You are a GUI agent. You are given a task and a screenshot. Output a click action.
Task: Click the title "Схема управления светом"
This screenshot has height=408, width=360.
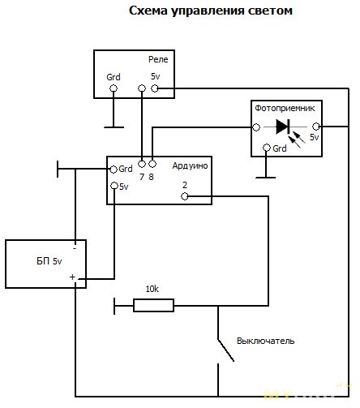(x=211, y=11)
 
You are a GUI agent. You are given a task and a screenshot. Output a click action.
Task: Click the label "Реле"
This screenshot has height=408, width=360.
(x=158, y=59)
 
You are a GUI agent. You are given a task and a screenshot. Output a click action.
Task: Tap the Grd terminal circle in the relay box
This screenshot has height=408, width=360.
(x=114, y=88)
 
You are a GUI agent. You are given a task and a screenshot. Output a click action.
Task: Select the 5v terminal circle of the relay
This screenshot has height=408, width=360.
(x=155, y=88)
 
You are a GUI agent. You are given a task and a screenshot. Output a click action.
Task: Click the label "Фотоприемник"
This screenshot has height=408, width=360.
(x=285, y=109)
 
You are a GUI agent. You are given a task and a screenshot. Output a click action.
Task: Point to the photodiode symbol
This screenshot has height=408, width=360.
(x=283, y=127)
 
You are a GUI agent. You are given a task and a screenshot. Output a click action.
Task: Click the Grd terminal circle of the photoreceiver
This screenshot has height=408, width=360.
(x=267, y=148)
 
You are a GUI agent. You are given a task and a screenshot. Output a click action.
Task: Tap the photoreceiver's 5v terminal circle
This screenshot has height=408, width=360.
(x=316, y=127)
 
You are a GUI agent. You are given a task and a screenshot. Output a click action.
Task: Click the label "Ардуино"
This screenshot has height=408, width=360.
(x=190, y=165)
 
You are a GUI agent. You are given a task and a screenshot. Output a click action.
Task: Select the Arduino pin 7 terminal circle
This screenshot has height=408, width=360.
(x=142, y=164)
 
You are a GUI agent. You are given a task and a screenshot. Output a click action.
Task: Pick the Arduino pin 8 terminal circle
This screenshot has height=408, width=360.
(x=152, y=164)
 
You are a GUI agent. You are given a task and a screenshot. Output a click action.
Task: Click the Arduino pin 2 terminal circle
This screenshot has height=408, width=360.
(x=185, y=196)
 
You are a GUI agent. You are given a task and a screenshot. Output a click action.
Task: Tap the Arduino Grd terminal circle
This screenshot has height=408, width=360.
(x=114, y=170)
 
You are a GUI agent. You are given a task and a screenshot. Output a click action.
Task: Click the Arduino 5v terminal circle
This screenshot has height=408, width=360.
(x=114, y=186)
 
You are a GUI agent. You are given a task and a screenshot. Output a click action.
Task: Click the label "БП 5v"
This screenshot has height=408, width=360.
(x=49, y=261)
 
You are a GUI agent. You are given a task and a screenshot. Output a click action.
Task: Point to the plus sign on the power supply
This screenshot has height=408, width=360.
(x=72, y=277)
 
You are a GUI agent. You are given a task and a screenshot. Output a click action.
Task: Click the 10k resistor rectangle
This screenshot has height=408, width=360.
(x=153, y=306)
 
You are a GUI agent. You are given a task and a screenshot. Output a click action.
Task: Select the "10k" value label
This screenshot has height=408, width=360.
(x=152, y=289)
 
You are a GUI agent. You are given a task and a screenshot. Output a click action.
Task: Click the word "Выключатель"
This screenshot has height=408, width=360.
(x=266, y=341)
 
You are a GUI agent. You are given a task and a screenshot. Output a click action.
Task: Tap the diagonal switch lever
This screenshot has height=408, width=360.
(x=225, y=350)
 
